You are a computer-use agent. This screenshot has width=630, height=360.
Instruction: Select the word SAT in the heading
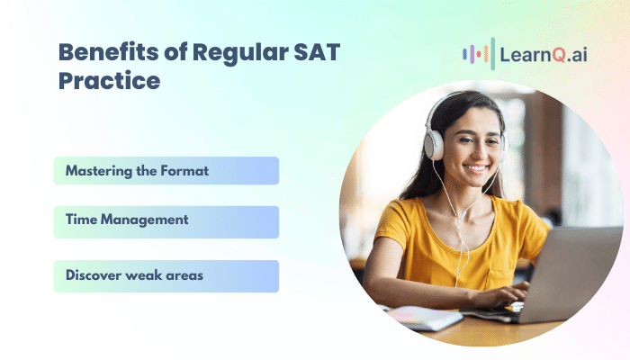pyautogui.click(x=317, y=52)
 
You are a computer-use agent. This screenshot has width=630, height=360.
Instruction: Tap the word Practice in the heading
pyautogui.click(x=109, y=81)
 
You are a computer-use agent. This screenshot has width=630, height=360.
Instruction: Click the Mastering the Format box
pyautogui.click(x=166, y=171)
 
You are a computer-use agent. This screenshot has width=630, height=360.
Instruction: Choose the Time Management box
pyautogui.click(x=166, y=222)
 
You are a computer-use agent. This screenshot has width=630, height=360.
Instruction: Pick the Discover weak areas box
pyautogui.click(x=166, y=276)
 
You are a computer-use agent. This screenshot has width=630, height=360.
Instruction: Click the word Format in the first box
pyautogui.click(x=184, y=171)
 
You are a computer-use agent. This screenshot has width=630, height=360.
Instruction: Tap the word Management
pyautogui.click(x=144, y=220)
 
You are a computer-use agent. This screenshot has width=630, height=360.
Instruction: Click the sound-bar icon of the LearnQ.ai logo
pyautogui.click(x=479, y=54)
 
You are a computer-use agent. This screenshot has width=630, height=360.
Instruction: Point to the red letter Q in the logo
pyautogui.click(x=559, y=55)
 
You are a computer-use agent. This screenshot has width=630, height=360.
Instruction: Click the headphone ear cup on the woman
pyautogui.click(x=435, y=145)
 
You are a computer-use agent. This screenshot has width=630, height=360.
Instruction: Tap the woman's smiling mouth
pyautogui.click(x=476, y=168)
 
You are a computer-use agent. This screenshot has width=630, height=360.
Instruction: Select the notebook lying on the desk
pyautogui.click(x=422, y=318)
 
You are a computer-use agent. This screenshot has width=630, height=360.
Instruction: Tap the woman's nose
pyautogui.click(x=476, y=153)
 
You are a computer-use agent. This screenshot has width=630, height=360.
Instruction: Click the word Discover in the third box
pyautogui.click(x=94, y=275)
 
